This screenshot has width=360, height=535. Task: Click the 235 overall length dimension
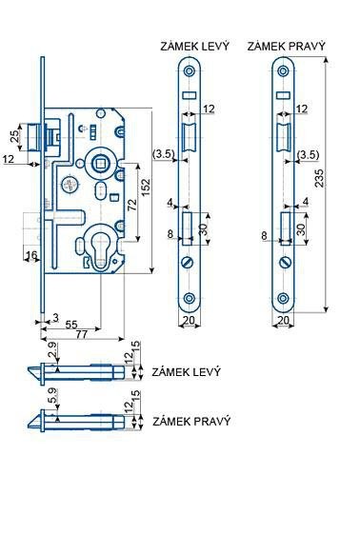pos(319,178)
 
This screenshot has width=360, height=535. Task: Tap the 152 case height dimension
pos(146,187)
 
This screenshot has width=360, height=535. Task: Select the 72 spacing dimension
pos(131,204)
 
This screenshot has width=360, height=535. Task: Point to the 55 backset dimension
pos(71,324)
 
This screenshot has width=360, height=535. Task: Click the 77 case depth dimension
pos(82,334)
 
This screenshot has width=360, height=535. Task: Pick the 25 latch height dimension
pos(14,136)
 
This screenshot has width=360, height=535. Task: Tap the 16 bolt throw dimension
pos(31,255)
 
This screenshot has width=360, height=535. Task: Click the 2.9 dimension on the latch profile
pos(52,349)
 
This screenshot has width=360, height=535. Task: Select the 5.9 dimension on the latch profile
pos(52,398)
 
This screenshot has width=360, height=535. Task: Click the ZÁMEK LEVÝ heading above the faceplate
pos(195,46)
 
